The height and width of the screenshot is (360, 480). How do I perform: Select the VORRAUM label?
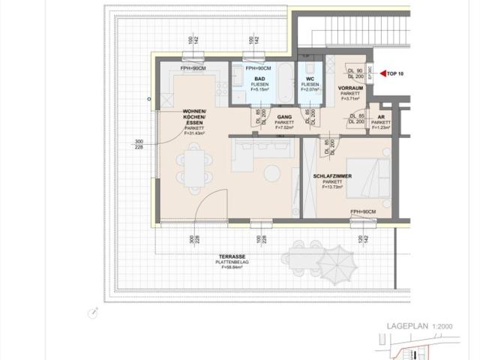coord(351,88)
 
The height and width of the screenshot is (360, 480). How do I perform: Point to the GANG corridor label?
coord(284,118)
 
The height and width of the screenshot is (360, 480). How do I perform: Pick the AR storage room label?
coord(381,118)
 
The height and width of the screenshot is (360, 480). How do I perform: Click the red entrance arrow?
coord(380,73)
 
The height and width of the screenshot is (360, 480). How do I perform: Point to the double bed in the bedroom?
coord(372,181)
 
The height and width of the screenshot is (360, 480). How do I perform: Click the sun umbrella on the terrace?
coord(339,259)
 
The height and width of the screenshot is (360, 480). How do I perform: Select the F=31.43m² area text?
coord(198,133)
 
